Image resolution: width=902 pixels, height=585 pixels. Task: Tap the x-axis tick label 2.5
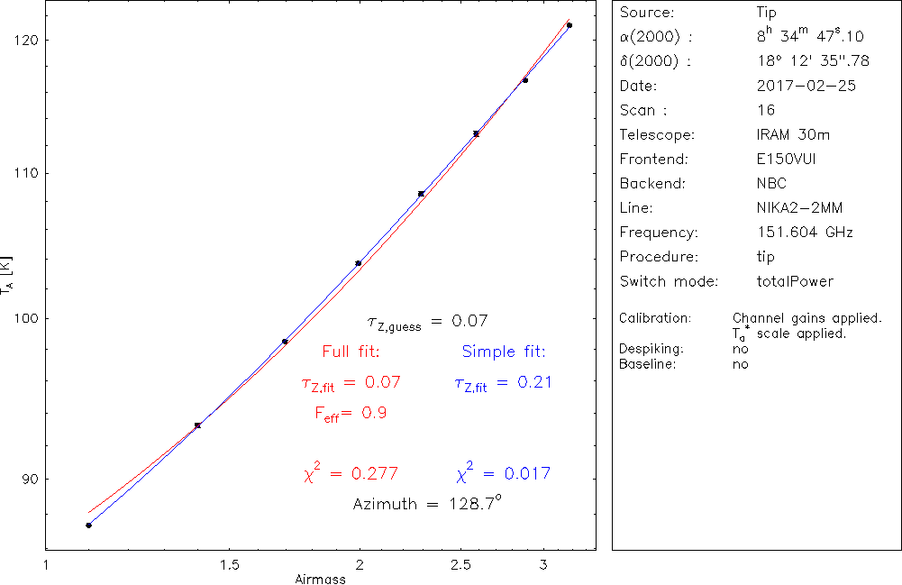pos(473,565)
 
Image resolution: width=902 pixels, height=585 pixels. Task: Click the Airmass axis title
pos(320,579)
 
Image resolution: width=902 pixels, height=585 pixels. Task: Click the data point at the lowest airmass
pos(88,526)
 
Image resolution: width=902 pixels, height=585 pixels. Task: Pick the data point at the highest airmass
pos(569,25)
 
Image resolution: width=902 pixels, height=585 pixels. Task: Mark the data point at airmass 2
pos(359,263)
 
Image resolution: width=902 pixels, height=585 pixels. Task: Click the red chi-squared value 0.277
pos(351,473)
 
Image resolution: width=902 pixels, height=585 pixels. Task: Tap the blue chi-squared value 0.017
pos(504,473)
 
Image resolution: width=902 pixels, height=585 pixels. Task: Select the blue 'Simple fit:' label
pos(504,352)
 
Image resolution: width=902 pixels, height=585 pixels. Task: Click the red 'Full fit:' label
pos(351,352)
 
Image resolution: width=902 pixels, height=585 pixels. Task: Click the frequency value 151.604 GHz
pos(806,233)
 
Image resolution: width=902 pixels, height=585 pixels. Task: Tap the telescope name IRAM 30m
pos(794,135)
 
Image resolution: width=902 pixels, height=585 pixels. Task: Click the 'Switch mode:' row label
pos(669,281)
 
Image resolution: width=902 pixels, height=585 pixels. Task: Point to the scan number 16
pos(766,111)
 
